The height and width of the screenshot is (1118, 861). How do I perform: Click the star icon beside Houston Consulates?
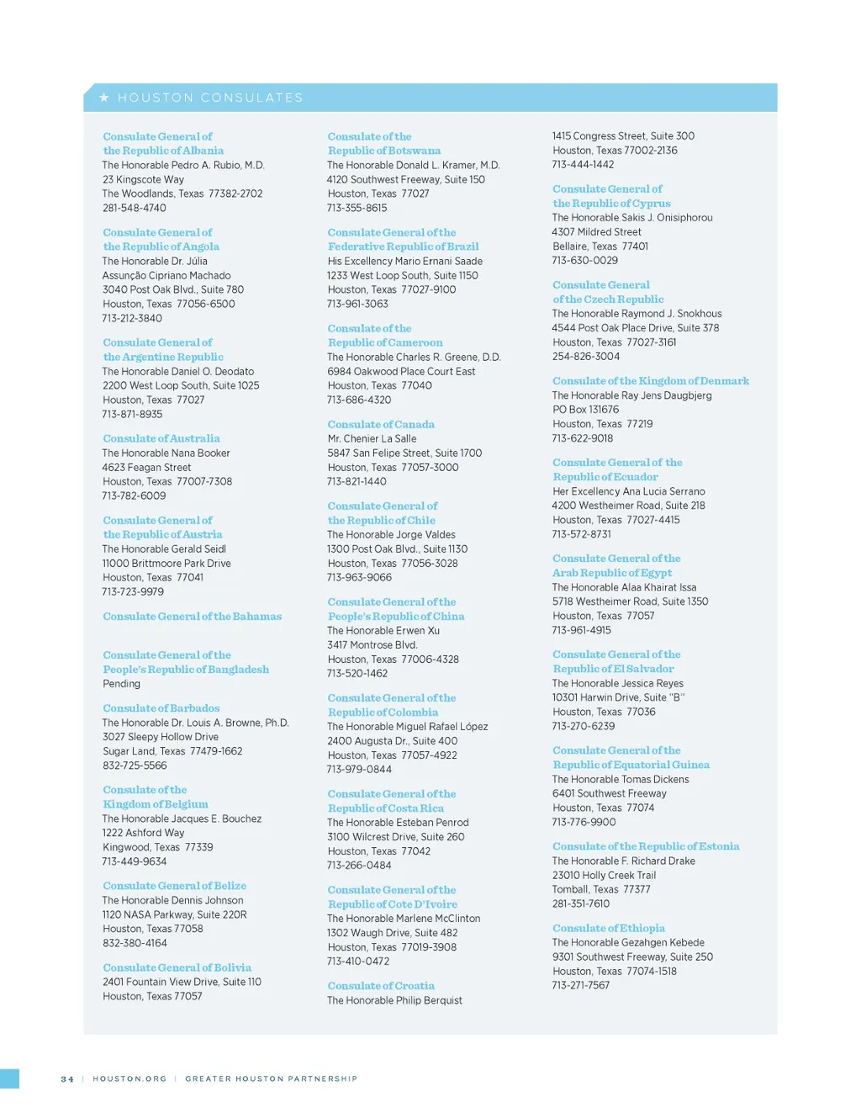tap(104, 98)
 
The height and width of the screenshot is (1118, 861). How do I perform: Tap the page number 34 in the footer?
tap(67, 1078)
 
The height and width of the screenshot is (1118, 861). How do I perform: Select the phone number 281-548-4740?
tap(135, 208)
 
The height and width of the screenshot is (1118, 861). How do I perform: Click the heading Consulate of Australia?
tap(161, 438)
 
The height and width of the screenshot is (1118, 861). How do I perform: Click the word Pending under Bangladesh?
tap(122, 683)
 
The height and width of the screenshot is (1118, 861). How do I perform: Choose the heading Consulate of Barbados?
tap(161, 708)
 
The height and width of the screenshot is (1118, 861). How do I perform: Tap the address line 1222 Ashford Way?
tap(144, 833)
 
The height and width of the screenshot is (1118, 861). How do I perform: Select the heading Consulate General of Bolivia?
tap(177, 967)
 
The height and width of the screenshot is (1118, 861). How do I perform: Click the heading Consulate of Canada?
tap(381, 425)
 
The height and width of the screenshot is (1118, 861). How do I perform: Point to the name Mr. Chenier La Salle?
tap(372, 438)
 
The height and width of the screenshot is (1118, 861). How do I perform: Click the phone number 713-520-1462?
tap(357, 673)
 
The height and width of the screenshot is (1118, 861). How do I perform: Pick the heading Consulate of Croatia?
tap(381, 986)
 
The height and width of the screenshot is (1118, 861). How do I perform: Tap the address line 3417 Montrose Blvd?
tap(372, 644)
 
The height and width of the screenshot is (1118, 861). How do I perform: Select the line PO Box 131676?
tap(585, 410)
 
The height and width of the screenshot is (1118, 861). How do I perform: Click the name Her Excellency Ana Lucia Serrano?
tap(629, 491)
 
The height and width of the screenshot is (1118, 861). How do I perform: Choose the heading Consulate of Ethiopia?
tap(609, 928)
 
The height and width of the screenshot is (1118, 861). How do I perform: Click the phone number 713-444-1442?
tap(583, 164)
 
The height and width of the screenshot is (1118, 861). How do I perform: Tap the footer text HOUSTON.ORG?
tap(129, 1078)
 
